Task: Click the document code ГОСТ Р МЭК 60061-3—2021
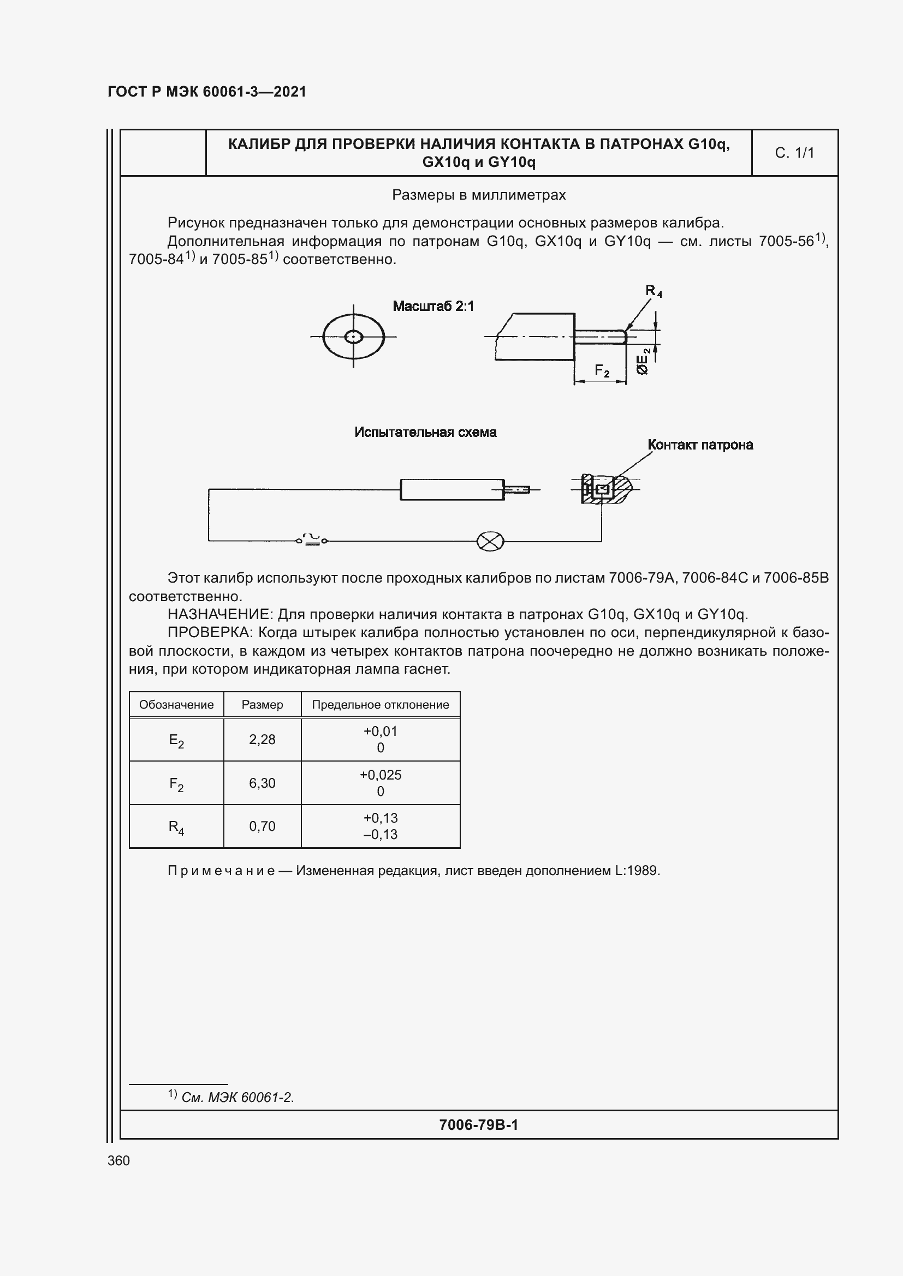(x=207, y=92)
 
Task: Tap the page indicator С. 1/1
(x=794, y=153)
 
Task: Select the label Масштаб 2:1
(x=433, y=306)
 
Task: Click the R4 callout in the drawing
(x=654, y=291)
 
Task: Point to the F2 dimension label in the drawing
(x=602, y=370)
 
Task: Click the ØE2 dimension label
(x=643, y=361)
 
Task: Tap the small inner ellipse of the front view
(x=354, y=337)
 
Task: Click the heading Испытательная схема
(x=425, y=433)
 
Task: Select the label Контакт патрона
(x=700, y=445)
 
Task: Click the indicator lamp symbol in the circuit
(x=490, y=541)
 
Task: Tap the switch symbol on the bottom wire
(x=311, y=540)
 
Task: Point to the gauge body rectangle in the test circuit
(x=452, y=489)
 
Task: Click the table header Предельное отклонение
(x=381, y=705)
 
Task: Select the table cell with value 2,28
(x=262, y=740)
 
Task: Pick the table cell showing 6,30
(x=262, y=783)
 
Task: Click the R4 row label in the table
(x=176, y=827)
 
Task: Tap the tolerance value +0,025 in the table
(x=381, y=775)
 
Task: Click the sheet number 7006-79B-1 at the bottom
(x=478, y=1125)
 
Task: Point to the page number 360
(x=118, y=1160)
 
